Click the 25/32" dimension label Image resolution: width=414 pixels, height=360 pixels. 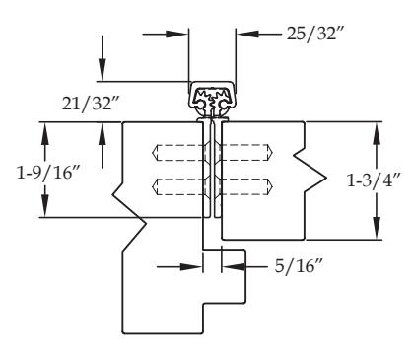coord(315,34)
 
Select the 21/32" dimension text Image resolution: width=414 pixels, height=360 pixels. coord(91,104)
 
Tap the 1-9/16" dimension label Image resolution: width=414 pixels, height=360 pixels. coord(48,172)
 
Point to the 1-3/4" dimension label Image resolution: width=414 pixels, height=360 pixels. coord(374,180)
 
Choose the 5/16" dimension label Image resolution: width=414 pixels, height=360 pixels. coord(299,265)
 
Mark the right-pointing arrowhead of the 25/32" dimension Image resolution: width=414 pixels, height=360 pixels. coord(176,34)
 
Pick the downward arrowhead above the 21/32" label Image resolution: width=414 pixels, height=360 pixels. coord(103,69)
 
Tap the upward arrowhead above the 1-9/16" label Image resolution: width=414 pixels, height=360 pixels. coord(45,134)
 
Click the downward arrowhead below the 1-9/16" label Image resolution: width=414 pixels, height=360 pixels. coord(45,206)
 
